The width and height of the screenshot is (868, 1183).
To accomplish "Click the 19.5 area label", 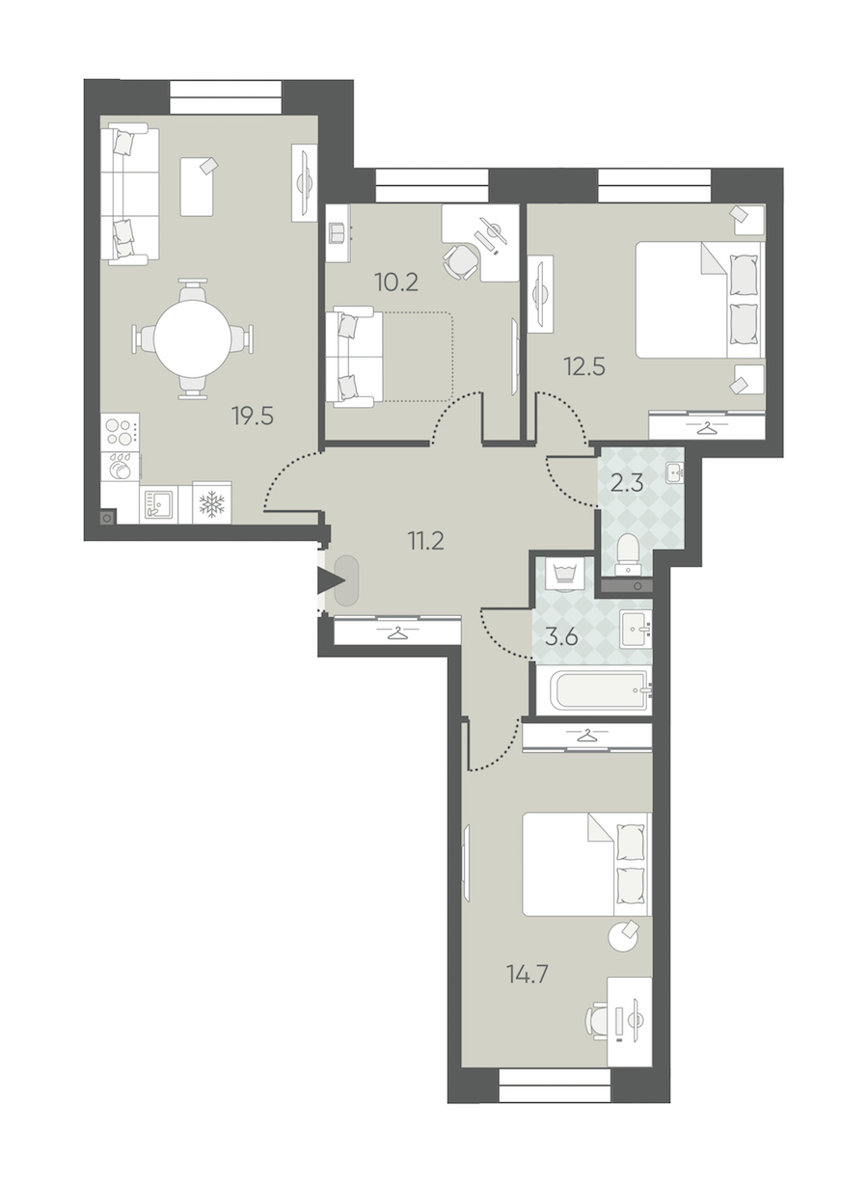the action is click(253, 417).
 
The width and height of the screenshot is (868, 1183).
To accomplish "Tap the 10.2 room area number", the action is click(396, 282).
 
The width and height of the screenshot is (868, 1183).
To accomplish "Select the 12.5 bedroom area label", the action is click(584, 366).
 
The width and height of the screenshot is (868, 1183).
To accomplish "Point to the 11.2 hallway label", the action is click(425, 541).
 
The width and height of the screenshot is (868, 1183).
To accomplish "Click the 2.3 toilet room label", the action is click(627, 483).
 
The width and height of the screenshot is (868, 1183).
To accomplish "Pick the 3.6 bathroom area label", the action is click(561, 638).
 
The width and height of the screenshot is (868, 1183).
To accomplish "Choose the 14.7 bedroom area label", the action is click(528, 974).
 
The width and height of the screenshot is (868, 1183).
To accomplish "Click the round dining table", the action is click(192, 338).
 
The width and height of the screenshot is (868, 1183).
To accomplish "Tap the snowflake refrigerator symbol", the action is click(212, 504).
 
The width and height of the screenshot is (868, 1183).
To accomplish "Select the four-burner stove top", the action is click(120, 432).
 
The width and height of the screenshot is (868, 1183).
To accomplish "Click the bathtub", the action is click(599, 690).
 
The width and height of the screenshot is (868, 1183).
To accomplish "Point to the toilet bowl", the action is click(629, 553).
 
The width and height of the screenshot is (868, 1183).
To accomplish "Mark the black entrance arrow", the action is click(331, 581).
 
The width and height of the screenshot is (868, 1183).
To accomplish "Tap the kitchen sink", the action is click(158, 504).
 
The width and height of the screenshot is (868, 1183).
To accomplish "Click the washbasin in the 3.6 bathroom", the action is click(636, 629).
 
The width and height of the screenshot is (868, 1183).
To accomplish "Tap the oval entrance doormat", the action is click(346, 580).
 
